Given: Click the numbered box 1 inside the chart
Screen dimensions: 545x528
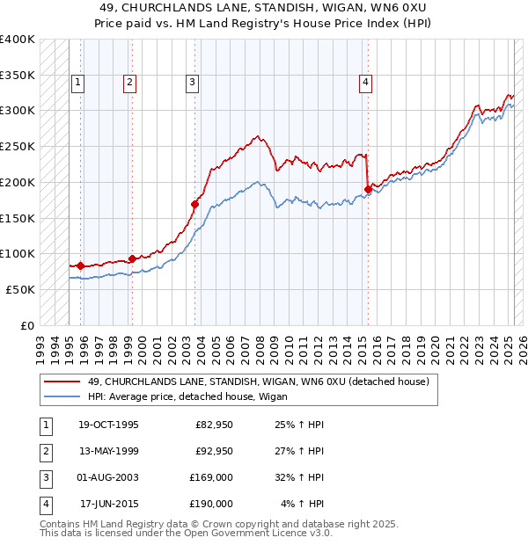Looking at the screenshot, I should (x=78, y=83).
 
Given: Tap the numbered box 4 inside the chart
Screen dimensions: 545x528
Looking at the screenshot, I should (x=364, y=83).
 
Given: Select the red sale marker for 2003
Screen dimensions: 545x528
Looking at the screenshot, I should (x=194, y=204).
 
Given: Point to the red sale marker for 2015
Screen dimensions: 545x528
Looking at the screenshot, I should (x=368, y=188).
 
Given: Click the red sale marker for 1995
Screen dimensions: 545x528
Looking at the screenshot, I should (x=80, y=265).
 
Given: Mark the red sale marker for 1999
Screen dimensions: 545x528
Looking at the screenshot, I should (x=132, y=258).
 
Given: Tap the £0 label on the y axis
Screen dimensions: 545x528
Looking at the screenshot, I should (x=26, y=324).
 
